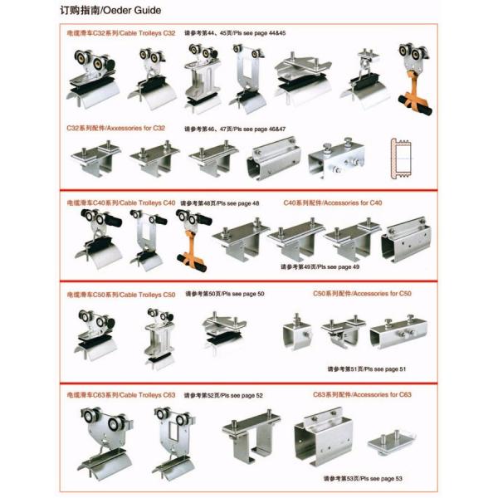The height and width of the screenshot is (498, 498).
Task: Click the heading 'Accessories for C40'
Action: pyautogui.click(x=352, y=203)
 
